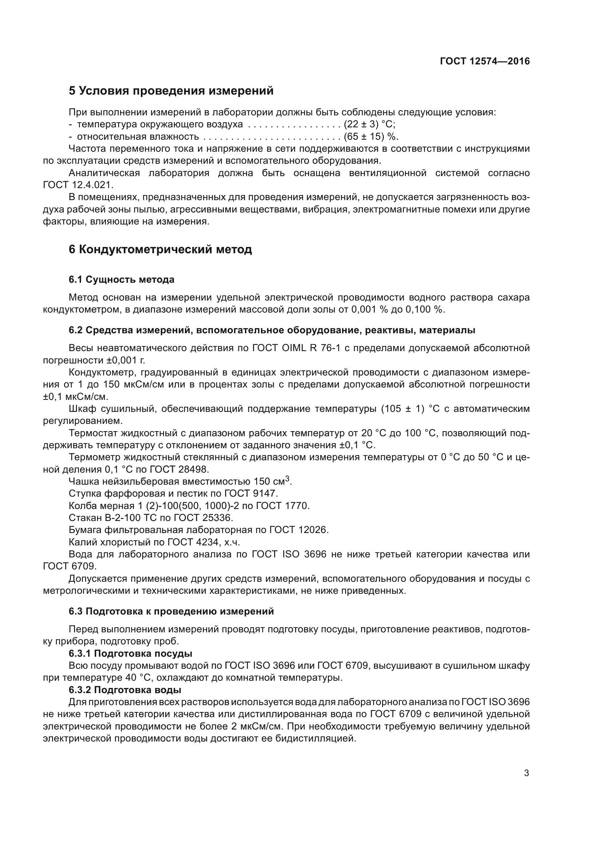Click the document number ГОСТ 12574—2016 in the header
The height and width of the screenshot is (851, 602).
click(x=484, y=61)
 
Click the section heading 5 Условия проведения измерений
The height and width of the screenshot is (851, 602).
click(x=171, y=91)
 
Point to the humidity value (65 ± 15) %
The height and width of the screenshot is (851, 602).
click(x=371, y=136)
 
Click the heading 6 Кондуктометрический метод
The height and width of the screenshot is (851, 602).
click(x=160, y=250)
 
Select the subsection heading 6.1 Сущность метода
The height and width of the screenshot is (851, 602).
click(x=121, y=279)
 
